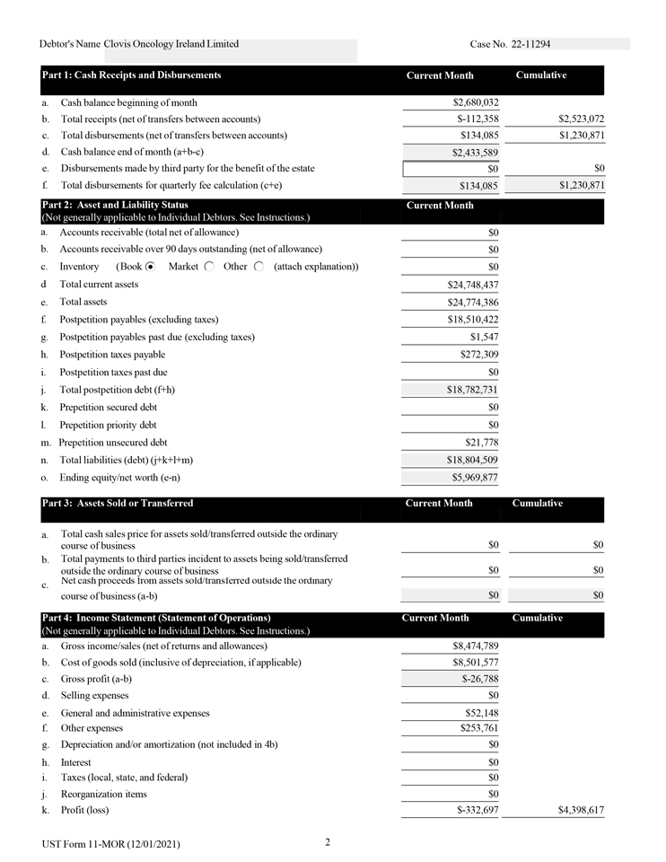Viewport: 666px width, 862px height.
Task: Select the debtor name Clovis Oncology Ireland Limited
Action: [x=171, y=44]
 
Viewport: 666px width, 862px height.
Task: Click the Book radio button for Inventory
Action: [x=151, y=267]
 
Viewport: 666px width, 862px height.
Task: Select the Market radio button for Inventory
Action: [x=209, y=267]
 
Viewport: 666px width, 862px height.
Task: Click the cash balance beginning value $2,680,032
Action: [x=475, y=102]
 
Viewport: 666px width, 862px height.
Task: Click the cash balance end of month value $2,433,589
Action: [x=475, y=153]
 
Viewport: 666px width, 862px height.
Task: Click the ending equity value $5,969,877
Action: [x=475, y=477]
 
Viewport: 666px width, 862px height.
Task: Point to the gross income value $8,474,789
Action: [x=475, y=646]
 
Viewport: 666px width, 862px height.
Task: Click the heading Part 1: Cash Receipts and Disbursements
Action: [x=131, y=75]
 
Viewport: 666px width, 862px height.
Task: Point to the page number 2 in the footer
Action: [x=329, y=842]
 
